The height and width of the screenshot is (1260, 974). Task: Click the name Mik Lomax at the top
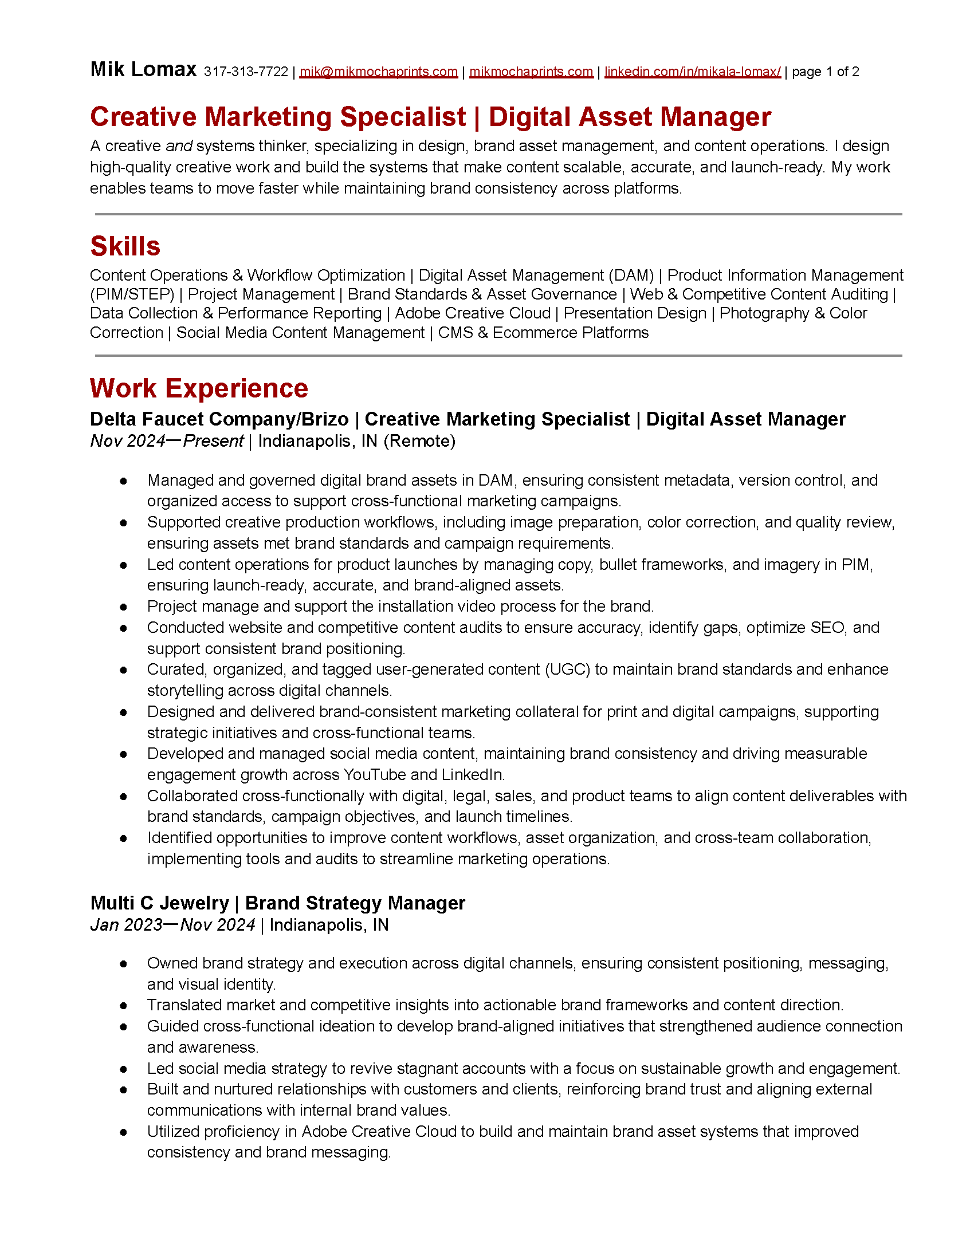click(x=143, y=69)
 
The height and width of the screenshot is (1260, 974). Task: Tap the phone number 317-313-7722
click(x=246, y=72)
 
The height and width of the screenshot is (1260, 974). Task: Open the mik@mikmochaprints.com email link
click(x=379, y=72)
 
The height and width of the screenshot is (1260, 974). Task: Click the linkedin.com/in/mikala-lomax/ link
click(x=693, y=72)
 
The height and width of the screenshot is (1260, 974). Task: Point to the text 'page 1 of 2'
click(x=825, y=72)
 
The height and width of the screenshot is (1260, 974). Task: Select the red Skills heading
click(x=125, y=246)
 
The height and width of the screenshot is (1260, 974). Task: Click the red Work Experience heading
click(x=199, y=388)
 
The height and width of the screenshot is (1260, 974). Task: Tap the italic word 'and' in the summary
click(x=179, y=146)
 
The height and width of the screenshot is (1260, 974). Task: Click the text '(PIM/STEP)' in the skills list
click(x=132, y=294)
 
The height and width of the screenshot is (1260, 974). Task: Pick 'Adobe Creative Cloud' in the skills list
click(x=473, y=313)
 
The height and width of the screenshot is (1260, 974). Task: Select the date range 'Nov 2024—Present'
click(x=167, y=442)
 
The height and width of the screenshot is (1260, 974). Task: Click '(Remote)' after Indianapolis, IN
click(x=419, y=442)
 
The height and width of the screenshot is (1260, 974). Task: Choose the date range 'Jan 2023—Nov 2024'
click(x=172, y=925)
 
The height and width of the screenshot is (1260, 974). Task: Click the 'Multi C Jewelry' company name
click(x=159, y=903)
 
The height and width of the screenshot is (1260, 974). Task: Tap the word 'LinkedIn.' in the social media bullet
click(x=473, y=774)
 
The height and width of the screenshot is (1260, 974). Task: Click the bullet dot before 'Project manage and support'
click(x=123, y=607)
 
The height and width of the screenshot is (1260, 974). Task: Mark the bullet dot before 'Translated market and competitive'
click(x=123, y=1006)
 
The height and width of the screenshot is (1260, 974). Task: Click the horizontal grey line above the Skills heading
click(x=498, y=214)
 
